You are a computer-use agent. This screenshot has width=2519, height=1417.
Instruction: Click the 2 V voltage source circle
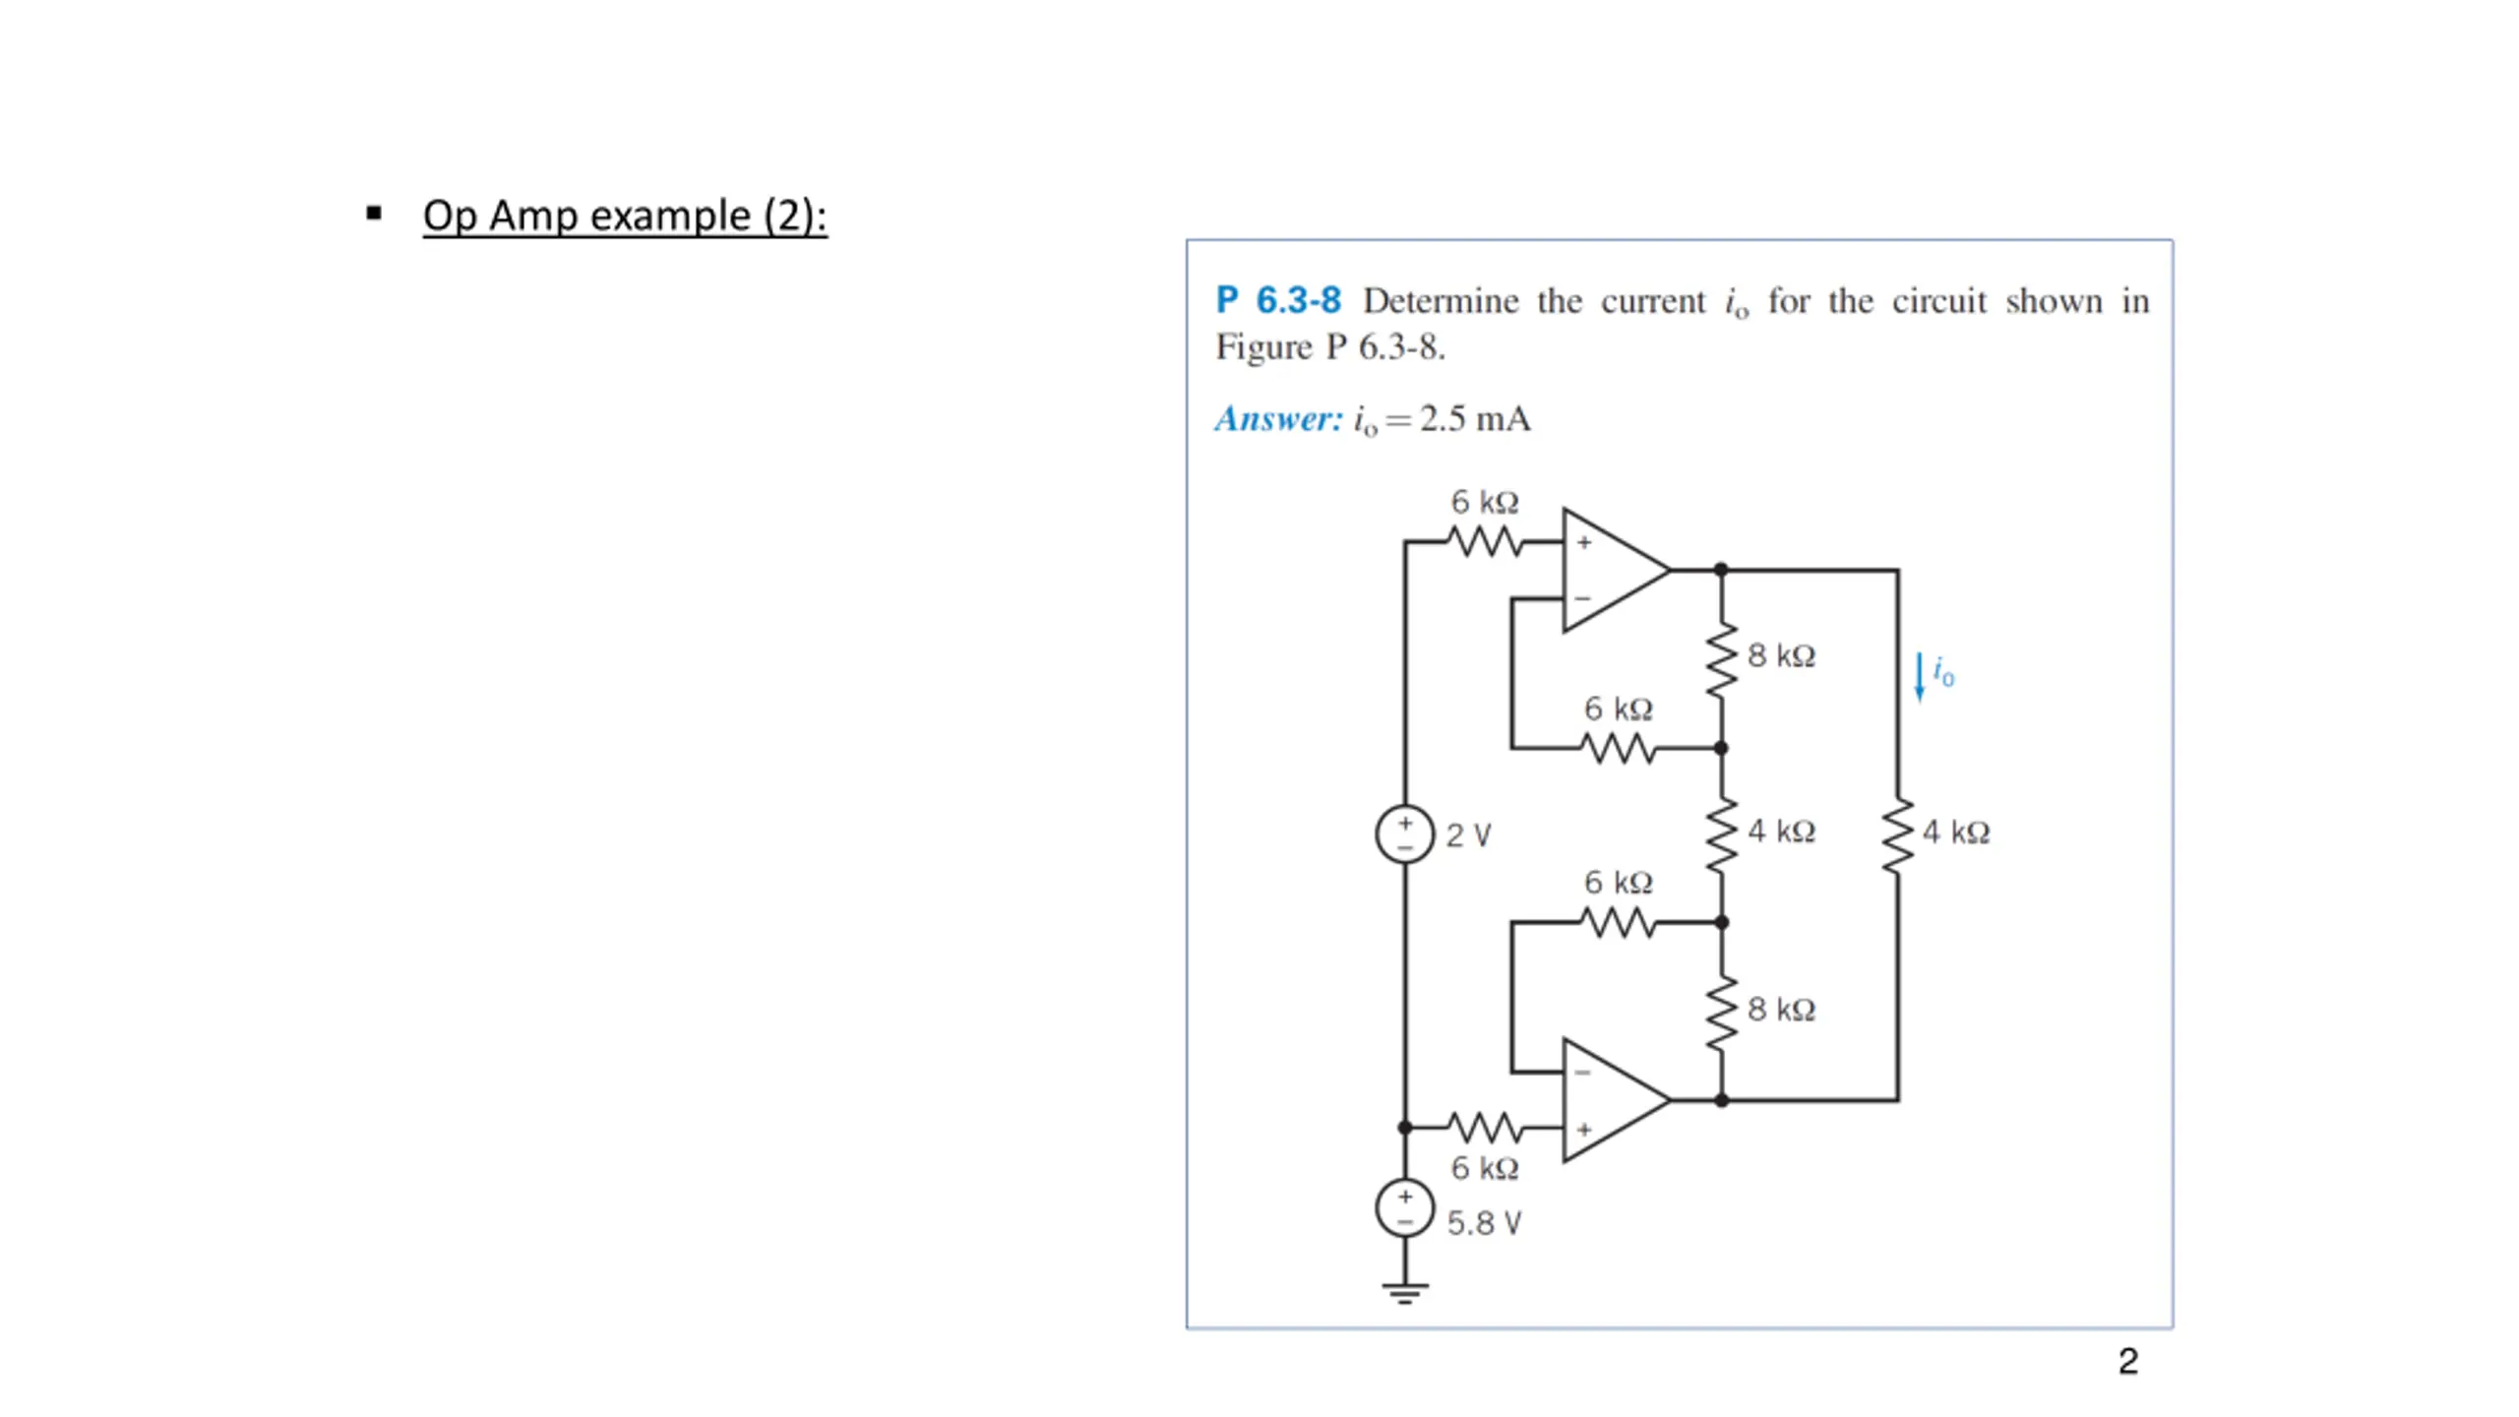(1404, 834)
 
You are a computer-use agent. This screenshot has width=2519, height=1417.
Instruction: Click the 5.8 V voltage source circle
(1404, 1208)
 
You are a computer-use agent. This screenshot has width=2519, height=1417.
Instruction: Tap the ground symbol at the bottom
(1404, 1291)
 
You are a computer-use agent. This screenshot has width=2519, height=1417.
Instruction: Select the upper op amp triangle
(1610, 570)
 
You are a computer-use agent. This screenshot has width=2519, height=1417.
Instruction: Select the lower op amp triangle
(1610, 1100)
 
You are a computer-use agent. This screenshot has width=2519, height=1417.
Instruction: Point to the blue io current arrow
(1919, 677)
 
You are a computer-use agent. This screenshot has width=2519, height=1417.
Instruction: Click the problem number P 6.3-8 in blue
(1278, 300)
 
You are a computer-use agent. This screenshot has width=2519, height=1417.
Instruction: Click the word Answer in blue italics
(1278, 419)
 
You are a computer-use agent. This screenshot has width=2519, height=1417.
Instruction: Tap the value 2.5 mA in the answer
(1475, 419)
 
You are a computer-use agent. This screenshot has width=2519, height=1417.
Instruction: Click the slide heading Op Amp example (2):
(625, 216)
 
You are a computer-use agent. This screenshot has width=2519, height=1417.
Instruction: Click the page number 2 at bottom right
(2127, 1361)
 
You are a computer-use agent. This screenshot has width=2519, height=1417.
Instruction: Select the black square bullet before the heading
(374, 213)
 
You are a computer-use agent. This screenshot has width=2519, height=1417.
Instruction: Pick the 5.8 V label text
(1484, 1223)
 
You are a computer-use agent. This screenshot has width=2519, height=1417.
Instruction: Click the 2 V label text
(1468, 835)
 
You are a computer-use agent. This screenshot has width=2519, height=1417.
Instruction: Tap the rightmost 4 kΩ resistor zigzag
(1898, 835)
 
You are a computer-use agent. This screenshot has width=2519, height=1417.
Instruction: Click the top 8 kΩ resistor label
(1781, 655)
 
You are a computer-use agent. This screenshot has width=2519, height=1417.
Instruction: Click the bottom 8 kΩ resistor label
(1781, 1010)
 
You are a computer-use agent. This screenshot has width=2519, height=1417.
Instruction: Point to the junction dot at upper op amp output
(1721, 570)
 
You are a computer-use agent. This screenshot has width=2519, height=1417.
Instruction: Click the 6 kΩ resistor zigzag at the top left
(1484, 541)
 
